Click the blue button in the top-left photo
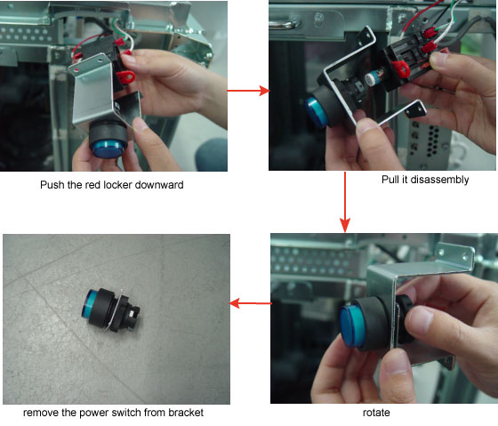click(x=108, y=149)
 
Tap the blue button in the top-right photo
click(x=316, y=113)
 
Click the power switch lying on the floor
click(x=110, y=309)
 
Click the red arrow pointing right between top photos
click(x=248, y=91)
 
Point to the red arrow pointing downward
click(x=345, y=202)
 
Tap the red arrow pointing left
click(x=251, y=303)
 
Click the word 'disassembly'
click(x=439, y=180)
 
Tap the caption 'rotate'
click(x=376, y=413)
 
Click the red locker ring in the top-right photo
click(x=401, y=69)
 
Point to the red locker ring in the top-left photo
click(x=125, y=76)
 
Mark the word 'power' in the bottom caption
click(x=94, y=413)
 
